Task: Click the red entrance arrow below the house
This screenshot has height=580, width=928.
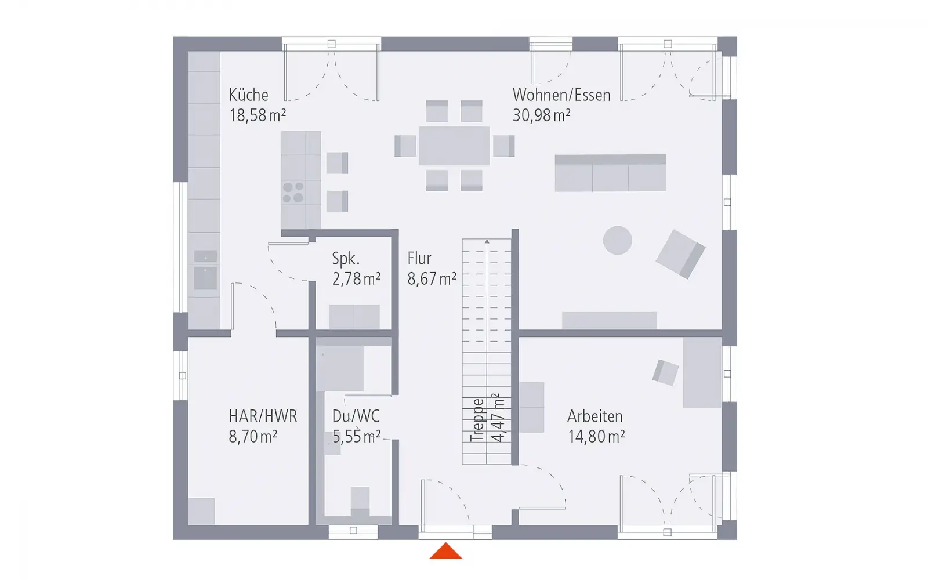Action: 445,551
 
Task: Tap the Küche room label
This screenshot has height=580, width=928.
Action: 249,95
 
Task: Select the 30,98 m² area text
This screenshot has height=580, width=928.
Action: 542,115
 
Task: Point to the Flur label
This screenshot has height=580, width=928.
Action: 419,259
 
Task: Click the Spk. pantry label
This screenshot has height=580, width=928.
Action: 346,259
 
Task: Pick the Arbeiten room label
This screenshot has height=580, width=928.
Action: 595,416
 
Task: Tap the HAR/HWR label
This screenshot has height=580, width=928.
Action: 263,416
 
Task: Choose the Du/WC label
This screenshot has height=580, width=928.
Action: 356,416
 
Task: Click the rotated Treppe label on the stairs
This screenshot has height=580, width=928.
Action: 477,420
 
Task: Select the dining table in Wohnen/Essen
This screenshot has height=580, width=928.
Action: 454,146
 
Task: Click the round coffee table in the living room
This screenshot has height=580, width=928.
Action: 617,240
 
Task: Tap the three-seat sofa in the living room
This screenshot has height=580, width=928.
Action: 610,173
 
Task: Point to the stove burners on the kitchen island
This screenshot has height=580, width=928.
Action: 293,193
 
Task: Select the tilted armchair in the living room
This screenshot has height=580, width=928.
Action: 680,254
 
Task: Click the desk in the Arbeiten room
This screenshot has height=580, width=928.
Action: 702,372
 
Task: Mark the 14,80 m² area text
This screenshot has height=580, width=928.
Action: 596,437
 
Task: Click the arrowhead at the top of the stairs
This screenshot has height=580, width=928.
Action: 487,241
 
